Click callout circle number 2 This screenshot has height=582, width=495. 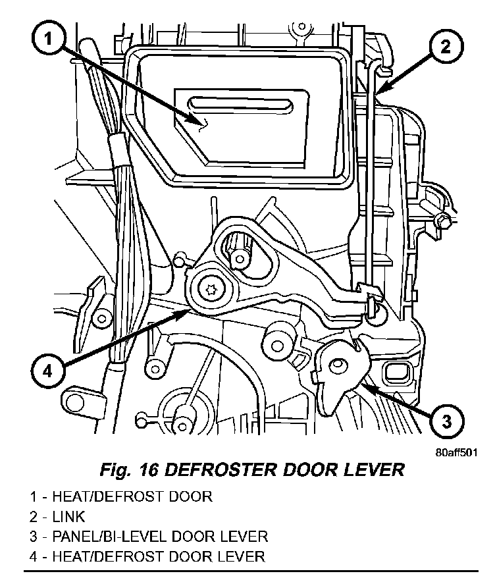445,47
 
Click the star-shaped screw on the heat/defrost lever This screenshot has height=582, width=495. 212,288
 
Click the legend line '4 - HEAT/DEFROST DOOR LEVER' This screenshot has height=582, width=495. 146,556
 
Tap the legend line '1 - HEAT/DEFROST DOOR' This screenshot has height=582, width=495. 120,496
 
